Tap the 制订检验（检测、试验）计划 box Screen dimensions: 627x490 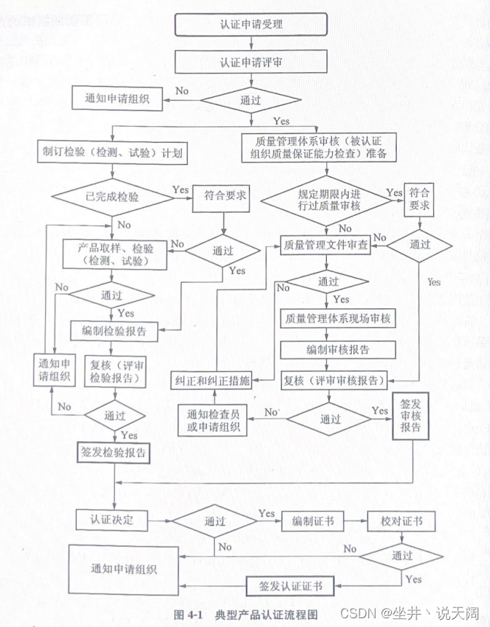pos(111,154)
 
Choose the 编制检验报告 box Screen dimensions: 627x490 pos(119,330)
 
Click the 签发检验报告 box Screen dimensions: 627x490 pos(115,453)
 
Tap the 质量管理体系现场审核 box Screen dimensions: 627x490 pos(338,319)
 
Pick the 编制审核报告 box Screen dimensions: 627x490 pos(338,349)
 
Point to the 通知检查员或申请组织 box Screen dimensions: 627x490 pos(212,420)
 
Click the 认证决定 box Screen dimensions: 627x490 pos(111,521)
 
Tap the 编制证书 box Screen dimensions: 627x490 pos(312,521)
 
